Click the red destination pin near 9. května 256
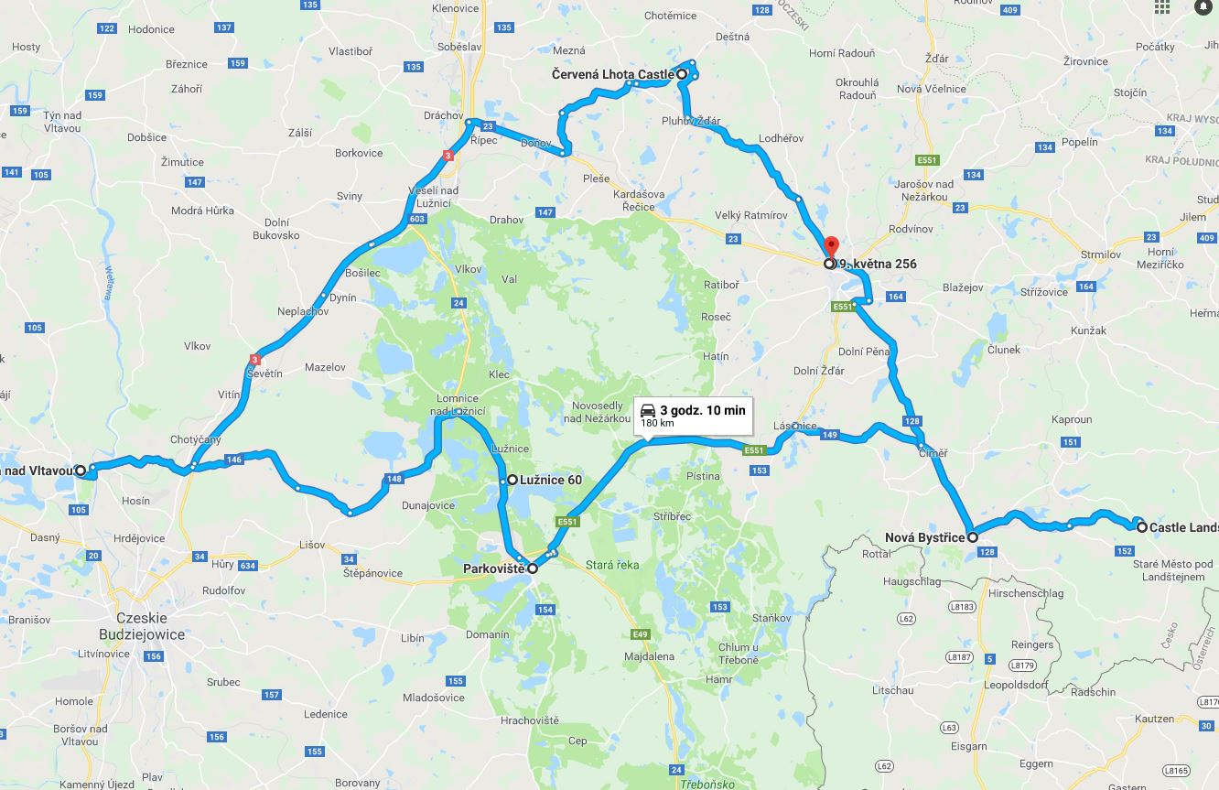point(831,247)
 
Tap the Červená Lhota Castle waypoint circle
point(682,73)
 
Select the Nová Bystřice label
point(924,537)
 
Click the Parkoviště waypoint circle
point(533,568)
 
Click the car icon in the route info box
point(648,410)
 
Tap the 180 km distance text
point(657,424)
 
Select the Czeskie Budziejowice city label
point(142,626)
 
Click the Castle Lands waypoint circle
point(1142,527)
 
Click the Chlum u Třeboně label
point(739,654)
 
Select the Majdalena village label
point(649,656)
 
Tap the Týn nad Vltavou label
point(62,122)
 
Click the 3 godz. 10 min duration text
point(702,410)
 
